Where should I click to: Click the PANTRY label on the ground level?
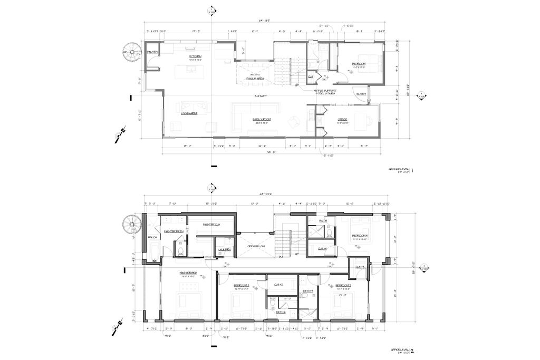click(152, 52)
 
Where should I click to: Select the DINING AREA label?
click(254, 79)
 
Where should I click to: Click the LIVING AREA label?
click(189, 113)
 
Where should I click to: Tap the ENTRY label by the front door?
click(361, 94)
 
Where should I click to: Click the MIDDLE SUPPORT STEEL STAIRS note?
click(325, 91)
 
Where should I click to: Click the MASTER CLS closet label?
click(211, 225)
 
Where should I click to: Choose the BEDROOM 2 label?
click(242, 285)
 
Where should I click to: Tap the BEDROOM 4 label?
click(360, 236)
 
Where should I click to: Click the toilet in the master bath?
click(179, 251)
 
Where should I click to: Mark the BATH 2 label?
click(281, 312)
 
